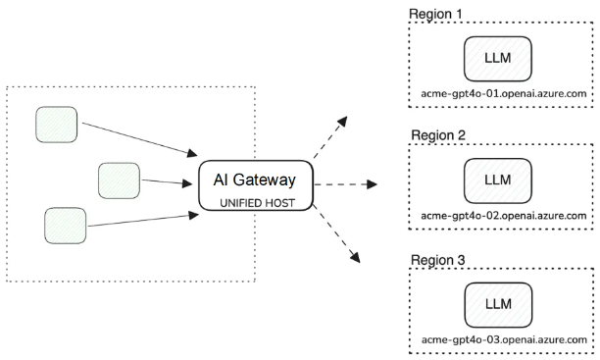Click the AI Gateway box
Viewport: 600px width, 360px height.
click(x=256, y=185)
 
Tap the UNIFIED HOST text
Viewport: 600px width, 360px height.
click(x=257, y=203)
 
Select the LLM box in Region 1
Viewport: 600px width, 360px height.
click(x=498, y=59)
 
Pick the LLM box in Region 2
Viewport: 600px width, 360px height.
click(x=498, y=180)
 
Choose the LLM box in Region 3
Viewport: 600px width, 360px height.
click(x=498, y=305)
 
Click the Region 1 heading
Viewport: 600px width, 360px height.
click(x=435, y=14)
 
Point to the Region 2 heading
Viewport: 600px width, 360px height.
click(x=438, y=135)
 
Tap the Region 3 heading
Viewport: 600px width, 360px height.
click(x=438, y=260)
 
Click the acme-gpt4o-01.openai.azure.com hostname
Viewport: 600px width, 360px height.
click(x=504, y=94)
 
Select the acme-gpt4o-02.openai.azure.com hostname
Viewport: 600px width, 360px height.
click(x=504, y=216)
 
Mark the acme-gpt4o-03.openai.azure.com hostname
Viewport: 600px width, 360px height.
click(x=504, y=339)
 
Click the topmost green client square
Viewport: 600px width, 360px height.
click(x=57, y=125)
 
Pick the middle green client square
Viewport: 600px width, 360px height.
click(x=119, y=180)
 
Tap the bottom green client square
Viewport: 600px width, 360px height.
click(x=66, y=226)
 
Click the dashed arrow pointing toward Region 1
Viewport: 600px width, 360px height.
click(x=330, y=136)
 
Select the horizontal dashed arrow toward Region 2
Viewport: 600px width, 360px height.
click(x=345, y=184)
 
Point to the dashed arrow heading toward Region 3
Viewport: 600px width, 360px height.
click(x=336, y=233)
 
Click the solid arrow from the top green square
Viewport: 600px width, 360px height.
click(x=139, y=139)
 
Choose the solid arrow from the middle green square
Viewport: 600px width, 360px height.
click(x=167, y=181)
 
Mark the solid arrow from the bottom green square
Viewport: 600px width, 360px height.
click(x=143, y=220)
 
